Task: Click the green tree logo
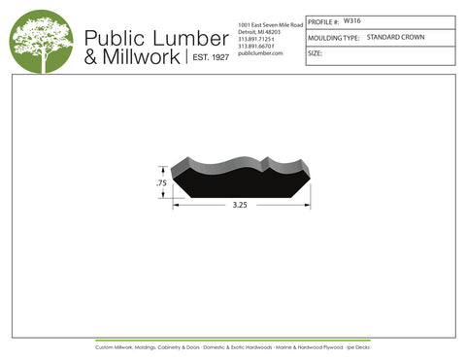42,42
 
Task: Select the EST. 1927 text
208,58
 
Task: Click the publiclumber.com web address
259,53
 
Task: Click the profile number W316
352,19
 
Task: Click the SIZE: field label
315,53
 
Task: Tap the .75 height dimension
161,182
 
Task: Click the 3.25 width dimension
240,206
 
